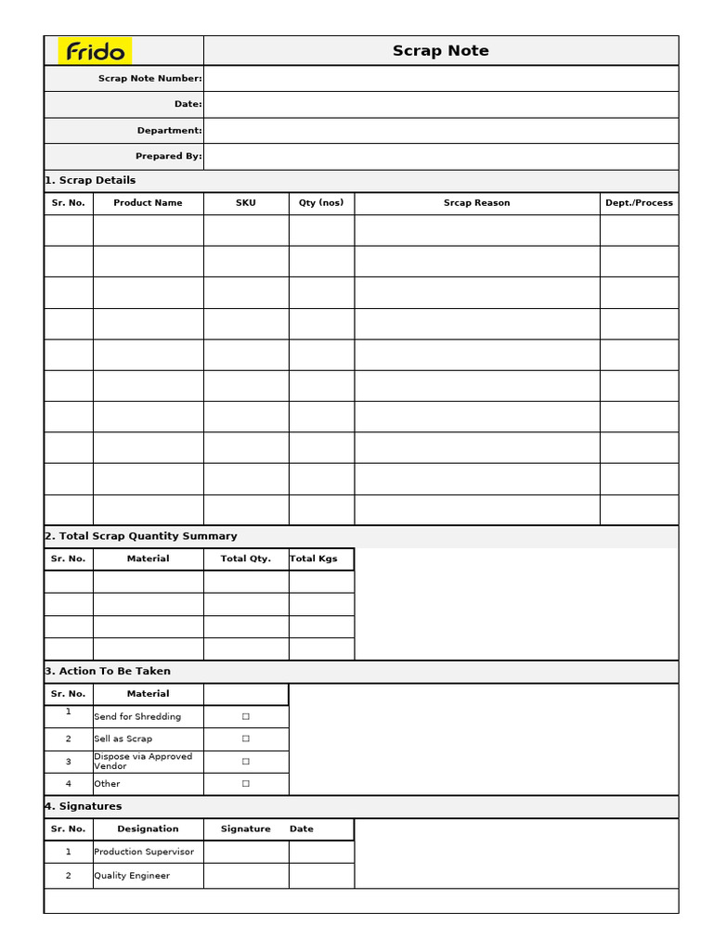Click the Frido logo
[96, 51]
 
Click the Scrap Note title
[440, 51]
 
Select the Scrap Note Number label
[149, 79]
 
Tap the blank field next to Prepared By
[440, 157]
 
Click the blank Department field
[440, 131]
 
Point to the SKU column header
[246, 203]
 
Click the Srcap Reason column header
[476, 203]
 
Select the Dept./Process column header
[639, 203]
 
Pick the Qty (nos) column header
[321, 203]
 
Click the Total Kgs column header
[314, 559]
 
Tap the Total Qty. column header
[246, 559]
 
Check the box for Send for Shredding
[246, 716]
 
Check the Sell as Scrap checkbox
[246, 738]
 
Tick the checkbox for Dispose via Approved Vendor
[246, 762]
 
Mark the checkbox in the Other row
[246, 784]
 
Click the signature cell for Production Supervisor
[246, 852]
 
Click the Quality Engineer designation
[132, 876]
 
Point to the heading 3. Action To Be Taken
[108, 672]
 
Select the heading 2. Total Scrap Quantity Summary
[141, 536]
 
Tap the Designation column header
[148, 829]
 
